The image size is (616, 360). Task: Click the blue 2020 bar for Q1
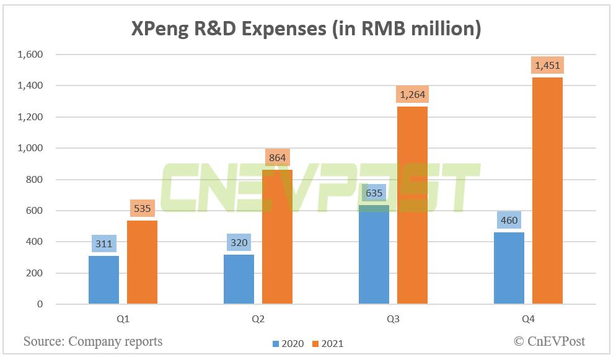(x=104, y=279)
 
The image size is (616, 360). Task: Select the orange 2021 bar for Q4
(x=547, y=190)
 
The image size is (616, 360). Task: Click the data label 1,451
(x=547, y=64)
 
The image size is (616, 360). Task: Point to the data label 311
(x=104, y=244)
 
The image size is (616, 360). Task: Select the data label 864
(x=277, y=157)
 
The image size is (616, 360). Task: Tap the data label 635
(x=374, y=193)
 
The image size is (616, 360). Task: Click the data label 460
(x=509, y=220)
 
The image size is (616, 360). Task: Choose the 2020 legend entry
(x=288, y=343)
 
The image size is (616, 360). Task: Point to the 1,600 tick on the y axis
(x=30, y=55)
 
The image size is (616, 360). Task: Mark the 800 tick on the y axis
(x=35, y=180)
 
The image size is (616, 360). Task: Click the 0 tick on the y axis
(x=40, y=304)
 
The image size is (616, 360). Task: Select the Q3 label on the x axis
(x=394, y=320)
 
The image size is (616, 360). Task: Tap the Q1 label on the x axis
(x=123, y=320)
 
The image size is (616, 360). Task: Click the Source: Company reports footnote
(x=93, y=341)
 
